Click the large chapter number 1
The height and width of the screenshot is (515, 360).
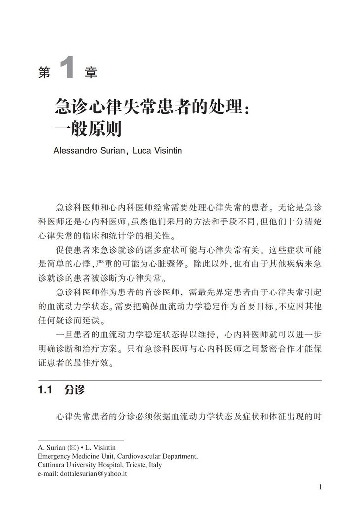67,69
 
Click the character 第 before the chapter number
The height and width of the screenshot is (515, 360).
44,73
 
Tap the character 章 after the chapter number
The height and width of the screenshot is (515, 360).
90,73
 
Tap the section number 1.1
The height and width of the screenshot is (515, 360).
45,390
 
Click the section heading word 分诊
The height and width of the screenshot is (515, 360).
74,390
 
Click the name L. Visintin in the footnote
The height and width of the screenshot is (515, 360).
102,448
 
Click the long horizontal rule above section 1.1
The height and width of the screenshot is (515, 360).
180,380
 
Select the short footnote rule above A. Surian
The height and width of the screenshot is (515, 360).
80,440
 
